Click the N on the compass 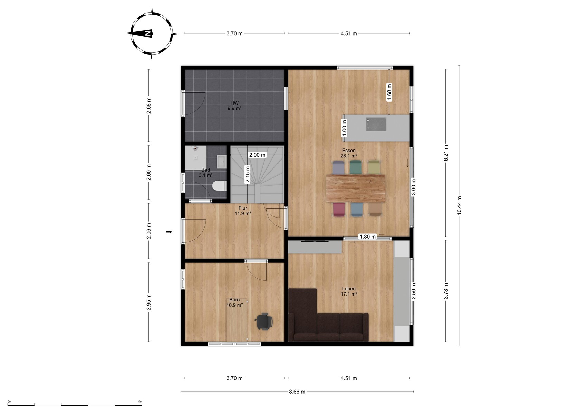pos(148,33)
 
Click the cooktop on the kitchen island pos(376,124)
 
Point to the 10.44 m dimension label pos(459,205)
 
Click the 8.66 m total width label pos(297,392)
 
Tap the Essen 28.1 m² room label pos(349,153)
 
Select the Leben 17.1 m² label pos(349,291)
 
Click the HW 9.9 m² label pos(234,106)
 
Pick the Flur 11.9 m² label pos(243,211)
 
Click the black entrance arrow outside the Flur pos(169,232)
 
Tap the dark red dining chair pos(339,210)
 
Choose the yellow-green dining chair pos(374,167)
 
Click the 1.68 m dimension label pos(389,92)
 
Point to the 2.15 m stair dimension pos(247,174)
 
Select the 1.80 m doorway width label pos(368,237)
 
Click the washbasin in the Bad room pos(221,162)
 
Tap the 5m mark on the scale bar pos(140,402)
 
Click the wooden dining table pos(356,189)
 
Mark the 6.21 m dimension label pos(446,153)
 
